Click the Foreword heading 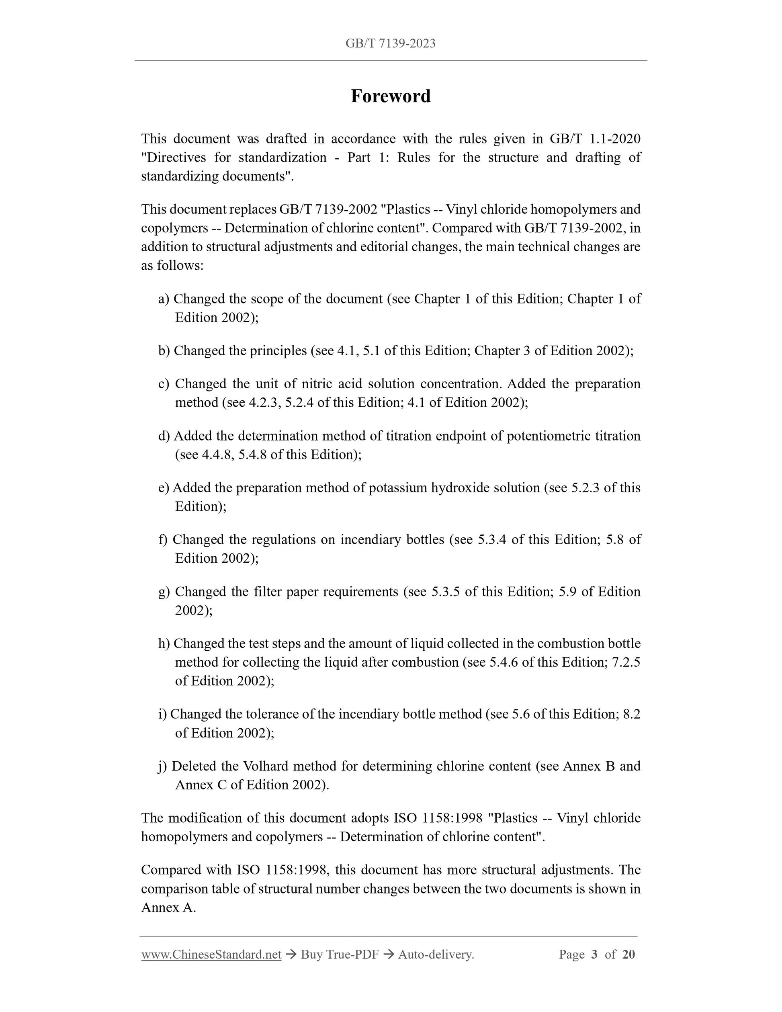[391, 96]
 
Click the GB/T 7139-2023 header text [391, 43]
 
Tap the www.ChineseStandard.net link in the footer [211, 954]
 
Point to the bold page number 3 [594, 954]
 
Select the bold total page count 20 [628, 954]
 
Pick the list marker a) [164, 299]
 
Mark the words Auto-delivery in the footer [436, 954]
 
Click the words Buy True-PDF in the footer [340, 954]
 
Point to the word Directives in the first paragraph [174, 158]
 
